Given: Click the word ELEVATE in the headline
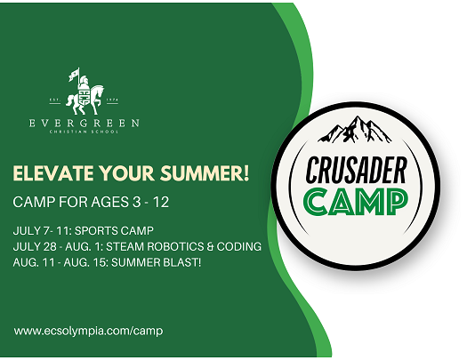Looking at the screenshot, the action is (53, 173).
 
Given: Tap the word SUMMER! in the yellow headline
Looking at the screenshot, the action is (205, 173).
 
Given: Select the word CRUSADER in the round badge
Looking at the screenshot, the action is (356, 170).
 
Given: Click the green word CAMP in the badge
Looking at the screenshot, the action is (356, 203).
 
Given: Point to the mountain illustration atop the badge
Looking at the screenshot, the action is (355, 130).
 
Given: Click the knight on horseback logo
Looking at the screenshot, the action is (85, 92).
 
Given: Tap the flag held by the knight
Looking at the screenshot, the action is (74, 75).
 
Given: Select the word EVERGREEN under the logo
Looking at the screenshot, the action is (85, 123).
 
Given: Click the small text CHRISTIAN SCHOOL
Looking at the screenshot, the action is (85, 132).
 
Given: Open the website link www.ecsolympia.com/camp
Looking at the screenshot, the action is (88, 331).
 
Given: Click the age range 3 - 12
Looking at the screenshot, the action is (150, 203).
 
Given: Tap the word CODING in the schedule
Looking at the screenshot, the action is (239, 246).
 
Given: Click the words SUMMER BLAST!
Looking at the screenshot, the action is (156, 262).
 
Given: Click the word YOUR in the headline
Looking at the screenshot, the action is (127, 173).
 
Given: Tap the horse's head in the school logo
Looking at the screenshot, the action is (99, 90).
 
